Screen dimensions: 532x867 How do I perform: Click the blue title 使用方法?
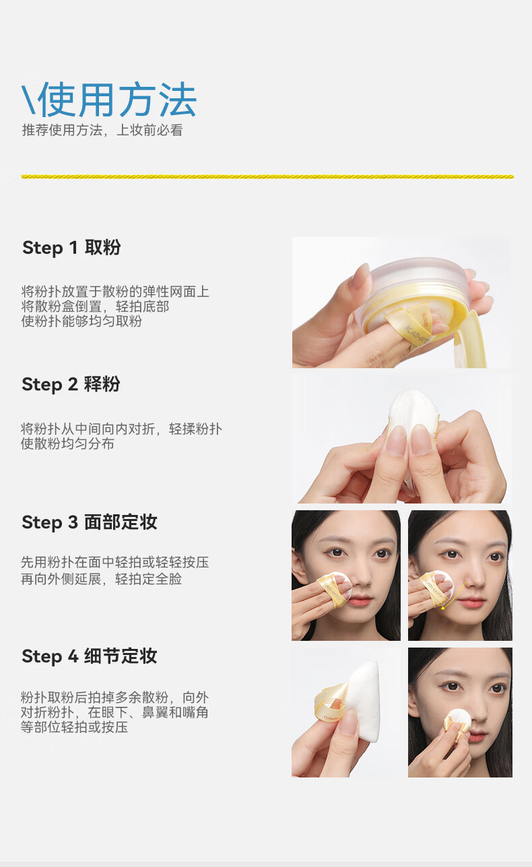(x=117, y=100)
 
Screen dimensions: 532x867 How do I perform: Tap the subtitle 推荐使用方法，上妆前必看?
(x=102, y=130)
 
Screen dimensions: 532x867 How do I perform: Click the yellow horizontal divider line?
(x=267, y=176)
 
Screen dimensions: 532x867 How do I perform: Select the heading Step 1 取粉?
(x=71, y=247)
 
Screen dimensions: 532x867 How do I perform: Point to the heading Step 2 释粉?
(x=71, y=384)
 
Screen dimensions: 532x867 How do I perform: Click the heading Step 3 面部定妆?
(x=90, y=522)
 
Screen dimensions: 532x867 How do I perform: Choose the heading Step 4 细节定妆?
(x=90, y=656)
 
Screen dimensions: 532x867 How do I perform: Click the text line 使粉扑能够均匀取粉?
(x=81, y=321)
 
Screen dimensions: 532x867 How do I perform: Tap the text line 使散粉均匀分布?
(x=68, y=444)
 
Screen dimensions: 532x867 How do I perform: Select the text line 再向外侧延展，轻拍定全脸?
(x=102, y=579)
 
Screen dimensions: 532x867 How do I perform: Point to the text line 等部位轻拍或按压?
(x=74, y=727)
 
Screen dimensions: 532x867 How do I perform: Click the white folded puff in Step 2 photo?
(x=411, y=422)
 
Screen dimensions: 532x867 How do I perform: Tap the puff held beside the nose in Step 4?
(x=457, y=723)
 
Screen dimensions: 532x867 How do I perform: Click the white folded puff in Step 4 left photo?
(x=364, y=701)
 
